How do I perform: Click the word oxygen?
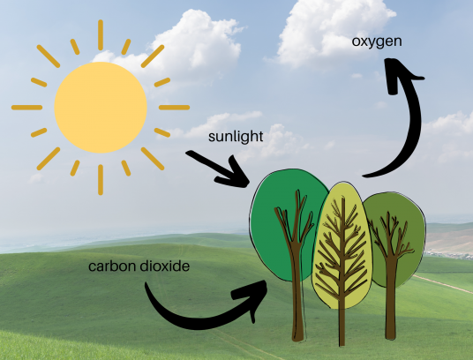(x=377, y=41)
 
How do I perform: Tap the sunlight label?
(x=236, y=137)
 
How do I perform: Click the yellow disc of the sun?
(x=101, y=108)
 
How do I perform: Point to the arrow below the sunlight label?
(x=221, y=169)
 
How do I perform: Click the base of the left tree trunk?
(x=298, y=338)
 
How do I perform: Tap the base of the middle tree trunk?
(x=342, y=342)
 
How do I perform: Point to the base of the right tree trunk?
(x=390, y=335)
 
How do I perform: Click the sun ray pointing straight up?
(x=101, y=35)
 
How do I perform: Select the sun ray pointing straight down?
(x=101, y=180)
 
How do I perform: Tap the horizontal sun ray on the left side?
(x=26, y=108)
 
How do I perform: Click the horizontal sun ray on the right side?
(x=174, y=108)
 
